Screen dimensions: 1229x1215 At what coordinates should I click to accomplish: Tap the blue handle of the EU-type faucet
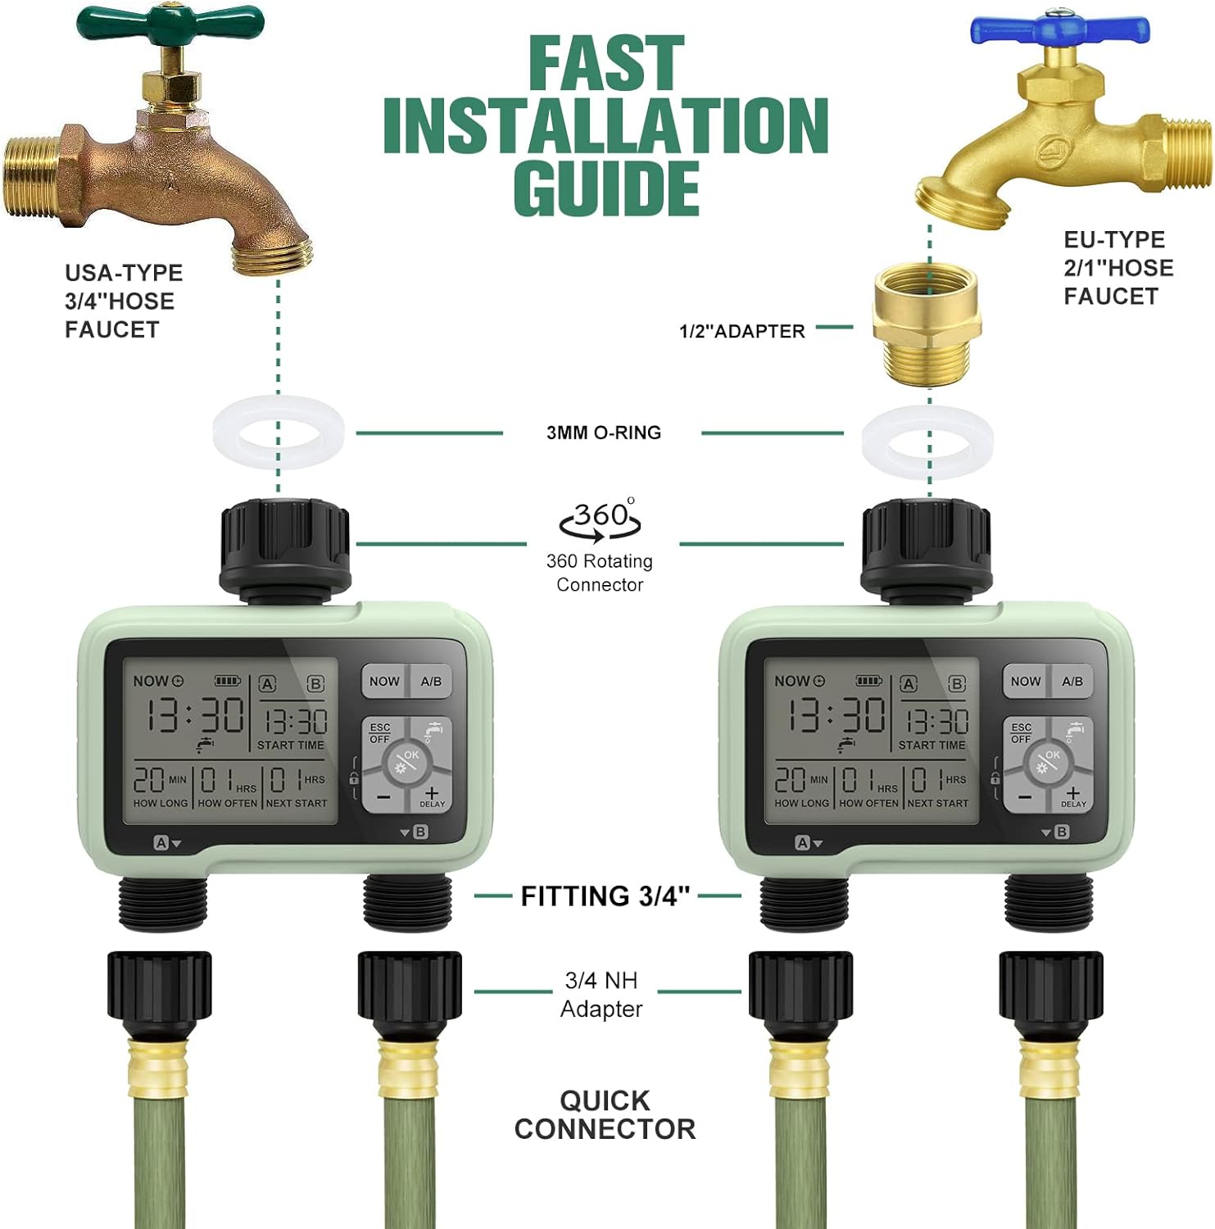click(1059, 29)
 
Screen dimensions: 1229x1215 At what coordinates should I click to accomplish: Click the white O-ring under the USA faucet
click(278, 431)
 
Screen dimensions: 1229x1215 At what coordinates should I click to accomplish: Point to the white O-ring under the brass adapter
click(927, 442)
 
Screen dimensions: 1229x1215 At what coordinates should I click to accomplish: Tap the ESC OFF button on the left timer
click(381, 733)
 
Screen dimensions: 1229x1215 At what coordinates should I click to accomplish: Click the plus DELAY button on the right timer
click(1072, 796)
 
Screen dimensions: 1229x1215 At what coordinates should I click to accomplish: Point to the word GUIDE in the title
click(606, 188)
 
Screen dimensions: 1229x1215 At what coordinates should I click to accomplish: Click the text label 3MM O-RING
click(604, 433)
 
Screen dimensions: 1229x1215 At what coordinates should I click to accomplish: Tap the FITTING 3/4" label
click(605, 896)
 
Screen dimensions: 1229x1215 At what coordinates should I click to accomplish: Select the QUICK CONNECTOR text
click(605, 1114)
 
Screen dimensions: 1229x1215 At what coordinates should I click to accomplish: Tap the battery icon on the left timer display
click(227, 681)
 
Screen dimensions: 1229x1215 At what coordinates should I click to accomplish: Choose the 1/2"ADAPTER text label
click(741, 331)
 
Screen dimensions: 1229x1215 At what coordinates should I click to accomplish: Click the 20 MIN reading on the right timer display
click(800, 779)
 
